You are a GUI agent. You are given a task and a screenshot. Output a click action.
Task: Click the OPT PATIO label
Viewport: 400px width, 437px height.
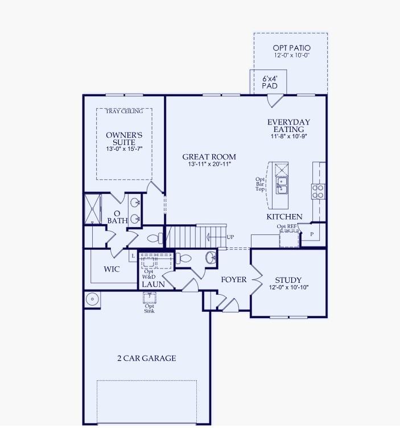click(x=291, y=48)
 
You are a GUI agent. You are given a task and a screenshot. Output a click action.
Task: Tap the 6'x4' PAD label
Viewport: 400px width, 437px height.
click(x=269, y=81)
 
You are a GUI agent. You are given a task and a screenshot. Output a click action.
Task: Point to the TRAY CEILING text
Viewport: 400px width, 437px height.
click(x=124, y=112)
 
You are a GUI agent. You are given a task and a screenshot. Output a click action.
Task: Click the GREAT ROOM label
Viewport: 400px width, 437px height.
click(x=209, y=157)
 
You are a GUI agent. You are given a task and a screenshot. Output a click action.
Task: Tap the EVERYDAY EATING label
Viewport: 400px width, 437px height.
click(x=288, y=126)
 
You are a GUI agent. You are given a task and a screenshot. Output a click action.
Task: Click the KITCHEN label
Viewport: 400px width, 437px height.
click(x=284, y=217)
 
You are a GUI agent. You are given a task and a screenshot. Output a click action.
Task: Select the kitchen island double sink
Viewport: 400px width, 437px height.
click(x=282, y=185)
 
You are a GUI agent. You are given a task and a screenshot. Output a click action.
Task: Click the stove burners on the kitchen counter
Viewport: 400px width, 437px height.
click(x=318, y=191)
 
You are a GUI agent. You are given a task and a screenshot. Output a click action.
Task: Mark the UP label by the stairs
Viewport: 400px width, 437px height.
click(x=230, y=237)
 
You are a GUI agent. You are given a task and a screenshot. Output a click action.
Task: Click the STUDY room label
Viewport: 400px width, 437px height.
click(x=288, y=280)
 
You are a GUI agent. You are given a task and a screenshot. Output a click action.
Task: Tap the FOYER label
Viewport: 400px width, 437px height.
click(x=234, y=279)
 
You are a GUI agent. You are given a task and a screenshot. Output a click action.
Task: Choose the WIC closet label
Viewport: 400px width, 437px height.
click(x=112, y=269)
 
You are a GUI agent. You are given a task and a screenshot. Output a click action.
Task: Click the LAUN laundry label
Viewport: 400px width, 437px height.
click(x=153, y=284)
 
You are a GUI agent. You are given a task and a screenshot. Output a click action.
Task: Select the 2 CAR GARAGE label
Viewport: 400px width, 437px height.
click(x=146, y=358)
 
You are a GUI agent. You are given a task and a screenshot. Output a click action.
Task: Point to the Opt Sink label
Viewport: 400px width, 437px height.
click(x=150, y=308)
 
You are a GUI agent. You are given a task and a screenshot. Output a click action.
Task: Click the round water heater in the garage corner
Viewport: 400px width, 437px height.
click(x=92, y=298)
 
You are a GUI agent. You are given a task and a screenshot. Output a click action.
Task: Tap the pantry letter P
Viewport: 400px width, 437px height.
click(x=311, y=234)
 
